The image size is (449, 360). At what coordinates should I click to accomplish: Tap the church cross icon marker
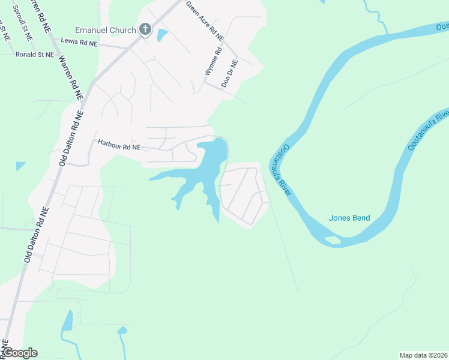click(x=145, y=29)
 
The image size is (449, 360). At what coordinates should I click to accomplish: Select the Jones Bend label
click(x=349, y=218)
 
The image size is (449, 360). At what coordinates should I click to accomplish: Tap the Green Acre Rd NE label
click(x=205, y=20)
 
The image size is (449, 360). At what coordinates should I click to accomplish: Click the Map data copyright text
click(x=423, y=355)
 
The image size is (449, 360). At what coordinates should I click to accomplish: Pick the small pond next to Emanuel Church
click(x=162, y=35)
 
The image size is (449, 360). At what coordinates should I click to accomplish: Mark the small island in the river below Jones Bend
click(x=332, y=241)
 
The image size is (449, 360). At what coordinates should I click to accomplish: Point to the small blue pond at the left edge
click(x=20, y=165)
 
